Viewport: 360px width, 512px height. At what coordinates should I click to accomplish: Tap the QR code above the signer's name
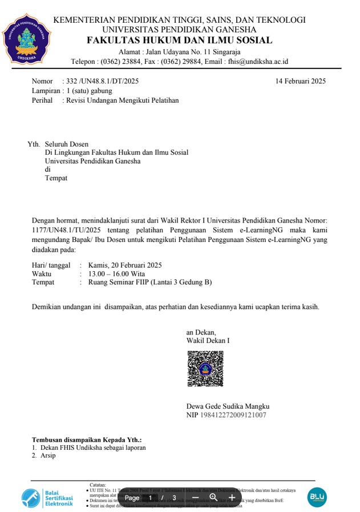(x=205, y=368)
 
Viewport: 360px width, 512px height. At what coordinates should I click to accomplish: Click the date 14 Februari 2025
(x=300, y=81)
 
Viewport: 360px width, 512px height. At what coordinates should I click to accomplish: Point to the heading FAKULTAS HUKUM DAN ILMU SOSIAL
(x=179, y=41)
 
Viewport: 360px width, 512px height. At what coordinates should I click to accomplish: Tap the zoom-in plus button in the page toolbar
(x=232, y=498)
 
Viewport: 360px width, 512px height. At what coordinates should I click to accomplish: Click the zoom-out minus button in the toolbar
(x=195, y=498)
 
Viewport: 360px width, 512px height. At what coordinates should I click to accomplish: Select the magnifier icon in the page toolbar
(x=213, y=498)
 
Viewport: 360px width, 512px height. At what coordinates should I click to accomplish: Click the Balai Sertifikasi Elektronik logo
(x=47, y=498)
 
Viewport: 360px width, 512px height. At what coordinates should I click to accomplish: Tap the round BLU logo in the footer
(x=317, y=498)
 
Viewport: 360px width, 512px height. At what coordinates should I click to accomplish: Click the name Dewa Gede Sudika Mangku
(x=228, y=406)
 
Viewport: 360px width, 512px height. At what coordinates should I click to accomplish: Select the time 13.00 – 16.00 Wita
(x=116, y=273)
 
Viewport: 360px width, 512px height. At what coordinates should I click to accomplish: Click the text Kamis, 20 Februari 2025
(x=125, y=265)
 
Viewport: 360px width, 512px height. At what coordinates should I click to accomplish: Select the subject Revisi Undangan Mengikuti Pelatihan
(x=122, y=100)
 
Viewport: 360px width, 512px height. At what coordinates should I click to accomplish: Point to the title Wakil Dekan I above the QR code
(x=208, y=341)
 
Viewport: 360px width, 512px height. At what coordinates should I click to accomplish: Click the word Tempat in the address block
(x=56, y=178)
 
